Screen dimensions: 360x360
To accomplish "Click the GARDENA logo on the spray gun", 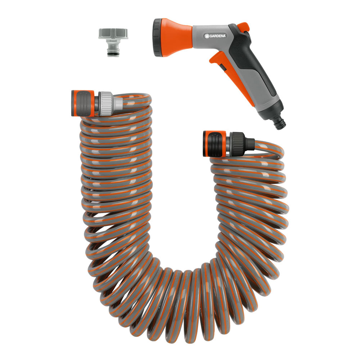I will (217, 36).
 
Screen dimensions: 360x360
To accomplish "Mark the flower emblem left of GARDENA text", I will (207, 36).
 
